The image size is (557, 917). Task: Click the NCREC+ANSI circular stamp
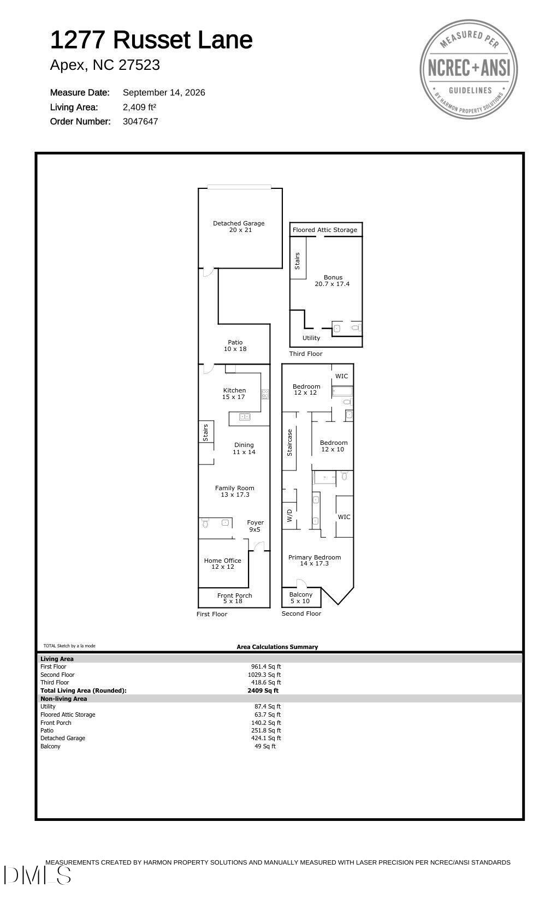(x=469, y=69)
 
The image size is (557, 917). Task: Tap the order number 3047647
(x=140, y=122)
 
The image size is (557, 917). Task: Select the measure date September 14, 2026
(x=164, y=93)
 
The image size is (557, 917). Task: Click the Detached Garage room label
(x=239, y=227)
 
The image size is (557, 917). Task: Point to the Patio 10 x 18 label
(x=235, y=346)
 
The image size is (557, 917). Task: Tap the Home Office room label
(x=222, y=564)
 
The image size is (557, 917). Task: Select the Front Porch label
(x=234, y=598)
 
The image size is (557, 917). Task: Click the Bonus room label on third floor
(x=333, y=281)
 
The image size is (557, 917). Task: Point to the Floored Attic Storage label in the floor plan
(x=325, y=230)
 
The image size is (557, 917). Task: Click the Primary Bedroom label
(x=315, y=561)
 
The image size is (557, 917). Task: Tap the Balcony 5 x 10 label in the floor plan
(x=300, y=598)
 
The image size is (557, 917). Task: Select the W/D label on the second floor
(x=289, y=515)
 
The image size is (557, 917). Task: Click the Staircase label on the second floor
(x=289, y=443)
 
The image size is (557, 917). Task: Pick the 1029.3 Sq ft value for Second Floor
(x=264, y=675)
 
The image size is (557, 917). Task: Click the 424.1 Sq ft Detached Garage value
(x=266, y=738)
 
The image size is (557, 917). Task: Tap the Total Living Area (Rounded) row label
(x=84, y=690)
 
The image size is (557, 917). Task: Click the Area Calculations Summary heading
(x=277, y=647)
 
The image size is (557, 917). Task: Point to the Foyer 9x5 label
(x=255, y=526)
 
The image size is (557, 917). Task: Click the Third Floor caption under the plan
(x=306, y=354)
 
